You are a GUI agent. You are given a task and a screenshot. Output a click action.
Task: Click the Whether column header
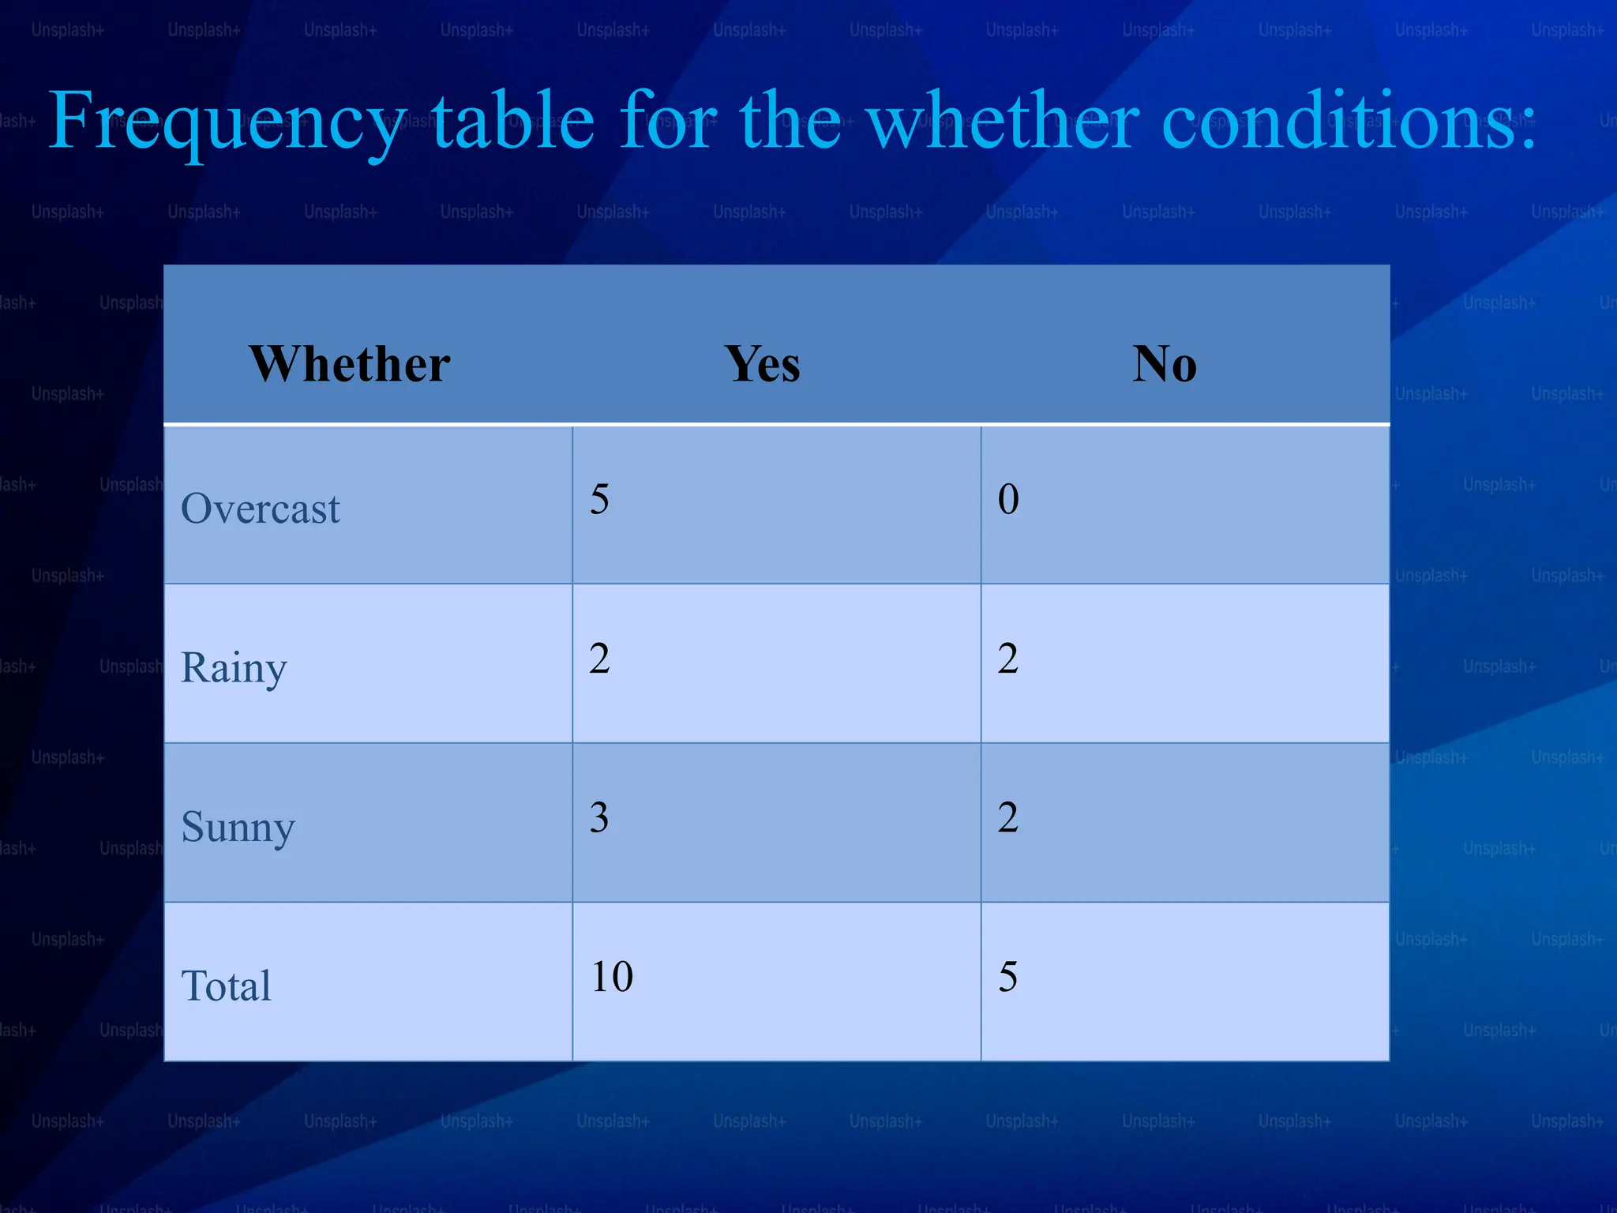(x=350, y=364)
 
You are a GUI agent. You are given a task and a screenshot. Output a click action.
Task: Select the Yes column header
(x=763, y=364)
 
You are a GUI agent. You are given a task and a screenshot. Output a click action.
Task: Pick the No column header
(x=1165, y=364)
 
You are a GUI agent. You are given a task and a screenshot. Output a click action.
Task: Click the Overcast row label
(x=261, y=508)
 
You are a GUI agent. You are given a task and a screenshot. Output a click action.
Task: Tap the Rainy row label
(x=234, y=668)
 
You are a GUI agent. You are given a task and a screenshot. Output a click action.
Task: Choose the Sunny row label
(x=238, y=828)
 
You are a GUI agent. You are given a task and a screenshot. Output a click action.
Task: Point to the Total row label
(x=226, y=986)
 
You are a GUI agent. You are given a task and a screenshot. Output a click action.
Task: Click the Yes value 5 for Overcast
(x=599, y=499)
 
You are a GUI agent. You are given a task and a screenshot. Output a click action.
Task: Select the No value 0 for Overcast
(x=1008, y=499)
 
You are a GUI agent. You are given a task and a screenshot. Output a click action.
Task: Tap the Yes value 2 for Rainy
(x=599, y=659)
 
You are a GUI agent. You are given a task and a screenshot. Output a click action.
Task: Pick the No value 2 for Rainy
(x=1008, y=659)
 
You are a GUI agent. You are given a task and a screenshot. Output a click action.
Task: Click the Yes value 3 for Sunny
(x=599, y=817)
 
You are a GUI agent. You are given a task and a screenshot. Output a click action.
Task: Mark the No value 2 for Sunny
(x=1008, y=817)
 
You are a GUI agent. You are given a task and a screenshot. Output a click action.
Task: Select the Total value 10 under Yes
(x=612, y=977)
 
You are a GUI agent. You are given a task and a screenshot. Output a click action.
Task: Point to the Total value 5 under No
(x=1008, y=977)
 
